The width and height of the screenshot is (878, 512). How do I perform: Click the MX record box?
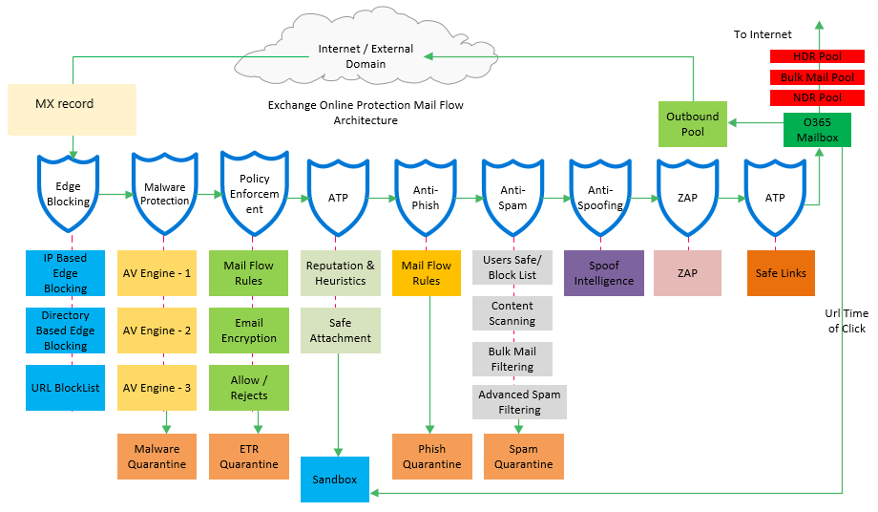pos(72,108)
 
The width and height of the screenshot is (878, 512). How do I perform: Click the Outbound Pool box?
pos(693,124)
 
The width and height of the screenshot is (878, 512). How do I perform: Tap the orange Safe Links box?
pos(781,273)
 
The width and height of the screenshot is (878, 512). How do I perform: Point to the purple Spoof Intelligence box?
pos(603,273)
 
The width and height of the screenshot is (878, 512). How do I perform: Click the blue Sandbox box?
pos(334,479)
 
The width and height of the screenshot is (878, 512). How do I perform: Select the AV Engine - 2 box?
pos(157,331)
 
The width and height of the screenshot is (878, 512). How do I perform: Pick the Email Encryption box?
pos(248,331)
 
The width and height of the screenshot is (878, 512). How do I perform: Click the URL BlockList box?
pos(65,388)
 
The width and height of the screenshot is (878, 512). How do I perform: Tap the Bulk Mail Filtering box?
pos(512,359)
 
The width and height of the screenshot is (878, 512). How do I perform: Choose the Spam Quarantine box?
pos(523,457)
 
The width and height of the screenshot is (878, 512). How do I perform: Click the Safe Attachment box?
pos(340,331)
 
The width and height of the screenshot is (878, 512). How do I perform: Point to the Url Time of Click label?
pos(847,321)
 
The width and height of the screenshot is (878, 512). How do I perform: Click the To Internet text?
pos(763,34)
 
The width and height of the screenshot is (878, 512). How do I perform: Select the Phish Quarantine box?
pos(431,457)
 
